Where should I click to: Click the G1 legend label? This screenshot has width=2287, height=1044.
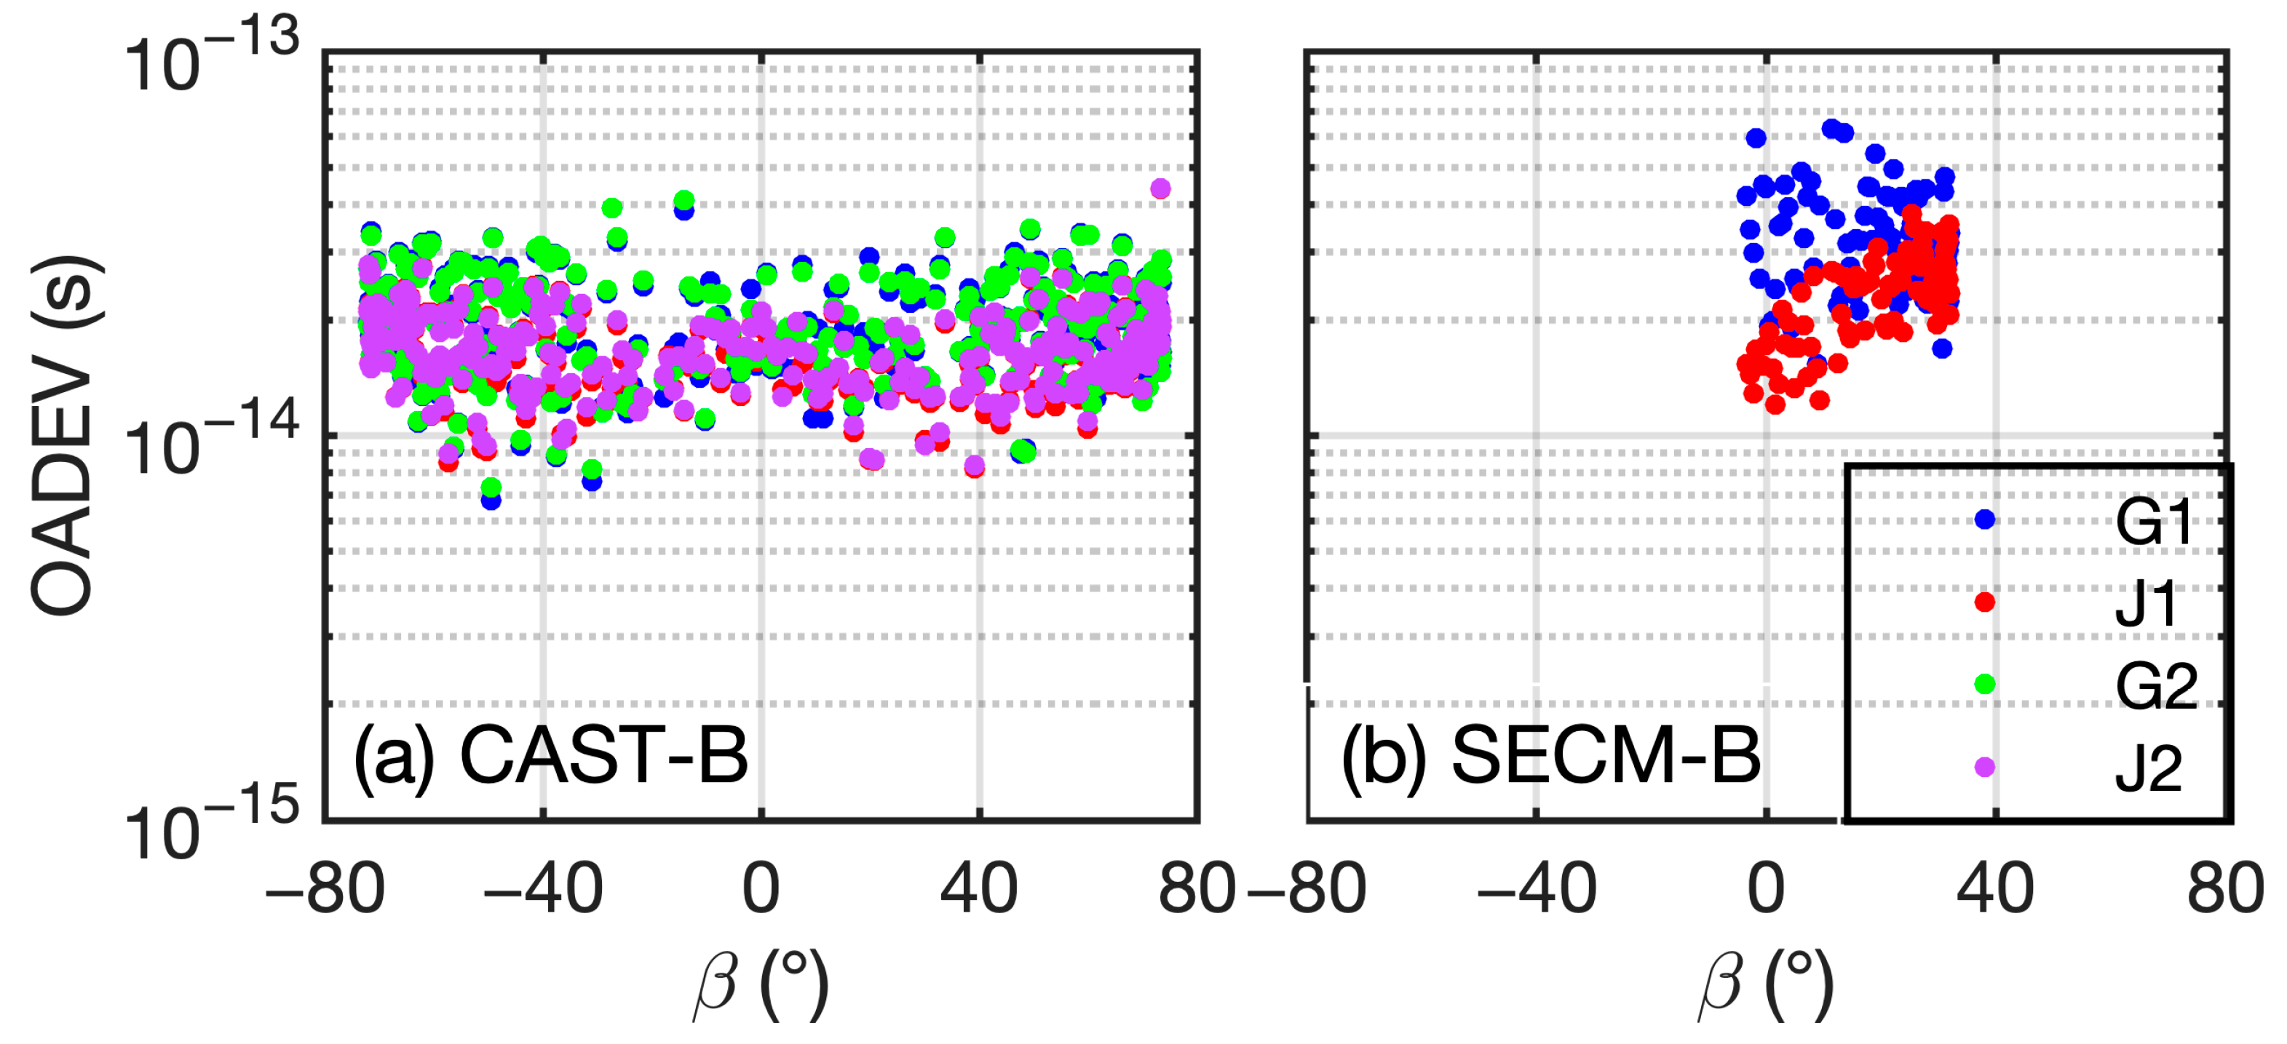[x=2152, y=522]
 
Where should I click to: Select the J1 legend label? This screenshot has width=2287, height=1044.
[x=2147, y=605]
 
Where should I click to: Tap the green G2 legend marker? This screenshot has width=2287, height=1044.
[x=1984, y=684]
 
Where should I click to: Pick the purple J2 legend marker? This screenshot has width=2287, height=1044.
[x=1984, y=767]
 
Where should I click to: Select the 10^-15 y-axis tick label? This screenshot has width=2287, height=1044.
[x=211, y=826]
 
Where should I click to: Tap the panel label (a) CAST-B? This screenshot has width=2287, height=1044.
[x=550, y=755]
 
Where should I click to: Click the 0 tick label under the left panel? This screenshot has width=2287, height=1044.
[x=761, y=888]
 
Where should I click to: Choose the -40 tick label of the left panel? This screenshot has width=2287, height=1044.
[x=543, y=888]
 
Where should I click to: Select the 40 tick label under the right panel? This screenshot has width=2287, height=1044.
[x=1995, y=888]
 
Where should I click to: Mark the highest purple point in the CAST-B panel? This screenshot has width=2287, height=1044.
[x=1160, y=188]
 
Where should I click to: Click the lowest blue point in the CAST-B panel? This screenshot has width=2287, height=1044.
[x=491, y=500]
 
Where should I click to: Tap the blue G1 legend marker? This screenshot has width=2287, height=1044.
[x=1984, y=519]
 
